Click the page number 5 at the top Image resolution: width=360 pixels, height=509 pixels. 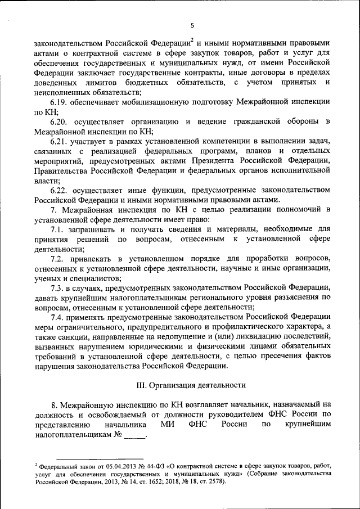pos(192,25)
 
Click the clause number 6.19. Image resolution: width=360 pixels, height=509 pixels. pos(61,102)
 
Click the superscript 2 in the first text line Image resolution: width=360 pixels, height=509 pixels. pos(192,40)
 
